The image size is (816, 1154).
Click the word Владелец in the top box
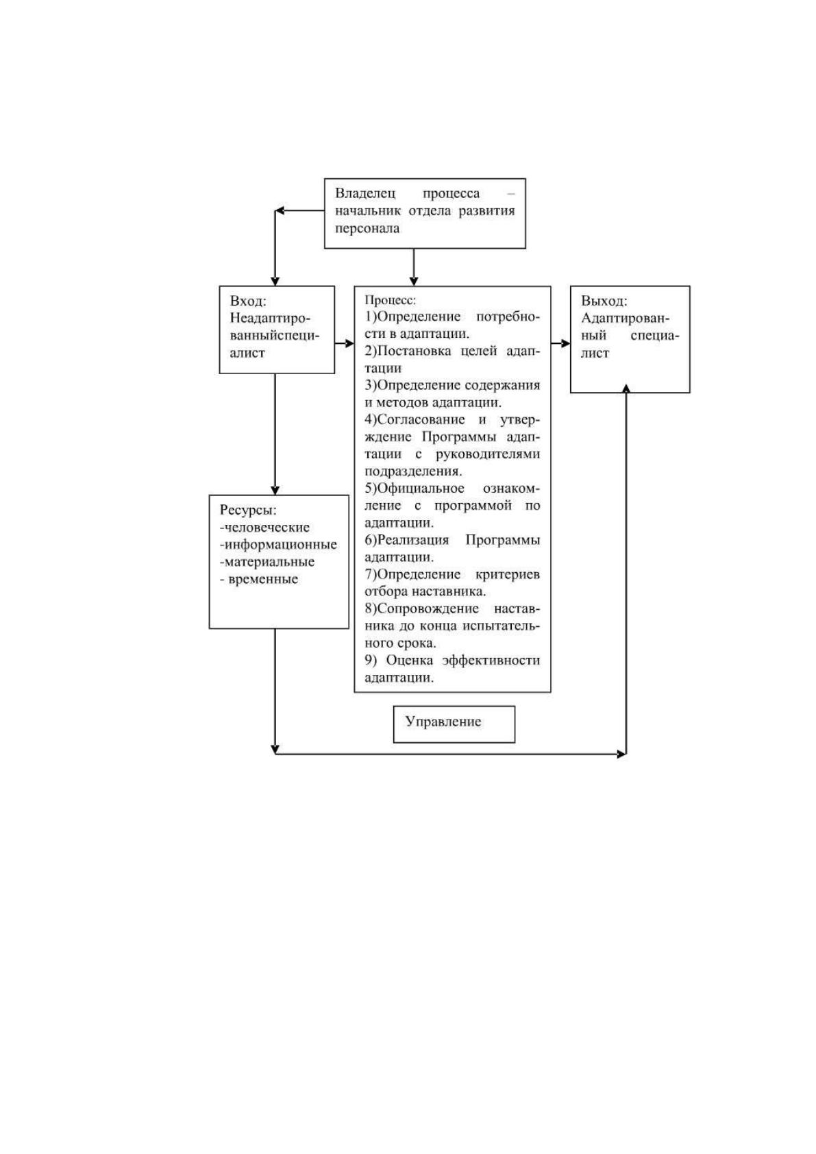click(x=365, y=194)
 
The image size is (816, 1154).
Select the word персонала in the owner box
click(x=367, y=228)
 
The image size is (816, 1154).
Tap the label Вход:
click(x=248, y=301)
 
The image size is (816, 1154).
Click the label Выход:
click(x=604, y=301)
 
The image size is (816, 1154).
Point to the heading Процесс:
click(x=390, y=300)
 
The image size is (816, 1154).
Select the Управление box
click(x=454, y=724)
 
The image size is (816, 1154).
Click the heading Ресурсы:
click(x=248, y=510)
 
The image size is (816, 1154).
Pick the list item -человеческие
click(x=264, y=527)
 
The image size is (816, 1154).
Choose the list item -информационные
click(x=278, y=544)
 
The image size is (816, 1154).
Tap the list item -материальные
click(x=267, y=561)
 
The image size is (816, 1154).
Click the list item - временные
click(x=259, y=579)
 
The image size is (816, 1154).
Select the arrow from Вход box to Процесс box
click(x=345, y=343)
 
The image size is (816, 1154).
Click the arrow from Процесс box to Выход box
click(x=560, y=343)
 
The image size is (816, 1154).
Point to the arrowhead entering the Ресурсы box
click(x=275, y=491)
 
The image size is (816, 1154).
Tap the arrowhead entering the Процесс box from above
click(x=414, y=281)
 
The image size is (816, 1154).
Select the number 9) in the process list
click(x=371, y=661)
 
